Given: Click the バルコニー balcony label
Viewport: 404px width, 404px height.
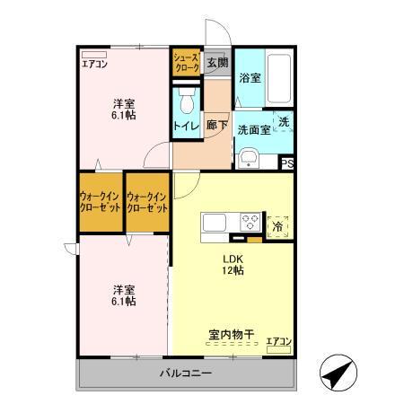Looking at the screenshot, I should click(x=186, y=373).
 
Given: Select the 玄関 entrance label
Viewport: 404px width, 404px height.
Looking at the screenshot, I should click(x=215, y=62).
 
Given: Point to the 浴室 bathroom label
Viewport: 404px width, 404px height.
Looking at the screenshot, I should click(x=250, y=78).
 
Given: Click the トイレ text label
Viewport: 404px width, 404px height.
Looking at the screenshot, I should click(x=186, y=127).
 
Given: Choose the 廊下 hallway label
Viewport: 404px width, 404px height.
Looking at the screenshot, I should click(x=216, y=126).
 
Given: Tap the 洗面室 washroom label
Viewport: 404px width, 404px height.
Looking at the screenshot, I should click(x=252, y=128).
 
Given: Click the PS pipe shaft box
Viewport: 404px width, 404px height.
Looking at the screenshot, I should click(x=287, y=162).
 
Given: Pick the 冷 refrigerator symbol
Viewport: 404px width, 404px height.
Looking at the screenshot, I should click(x=278, y=225).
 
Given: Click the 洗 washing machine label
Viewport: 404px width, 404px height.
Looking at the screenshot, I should click(x=283, y=121).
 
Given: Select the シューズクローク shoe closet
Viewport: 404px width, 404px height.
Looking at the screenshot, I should click(x=186, y=62).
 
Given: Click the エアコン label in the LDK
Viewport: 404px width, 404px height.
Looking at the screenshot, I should click(x=278, y=341).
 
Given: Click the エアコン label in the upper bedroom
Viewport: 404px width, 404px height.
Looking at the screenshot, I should click(x=94, y=64).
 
